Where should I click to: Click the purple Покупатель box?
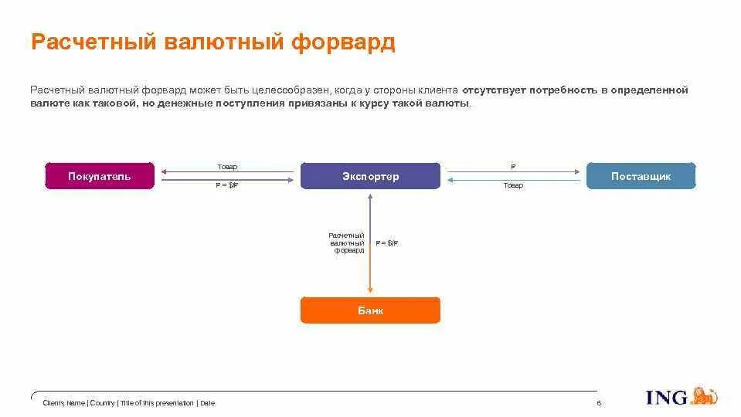[x=100, y=176]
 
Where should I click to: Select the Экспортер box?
[x=370, y=176]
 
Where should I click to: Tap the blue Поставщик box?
[x=641, y=176]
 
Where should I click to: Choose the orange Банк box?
[x=370, y=310]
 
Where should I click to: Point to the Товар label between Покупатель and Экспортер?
[x=227, y=167]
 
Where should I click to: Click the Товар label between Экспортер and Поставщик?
[x=513, y=186]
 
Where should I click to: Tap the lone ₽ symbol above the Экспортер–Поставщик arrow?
[x=513, y=167]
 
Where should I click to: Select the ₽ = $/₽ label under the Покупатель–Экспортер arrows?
[x=227, y=186]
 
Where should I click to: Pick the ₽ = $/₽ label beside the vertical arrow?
[x=387, y=243]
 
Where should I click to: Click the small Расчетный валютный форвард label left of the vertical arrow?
[x=346, y=242]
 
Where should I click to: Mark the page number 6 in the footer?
[x=599, y=403]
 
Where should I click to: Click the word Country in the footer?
[x=102, y=403]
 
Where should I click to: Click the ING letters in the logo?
[x=667, y=398]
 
